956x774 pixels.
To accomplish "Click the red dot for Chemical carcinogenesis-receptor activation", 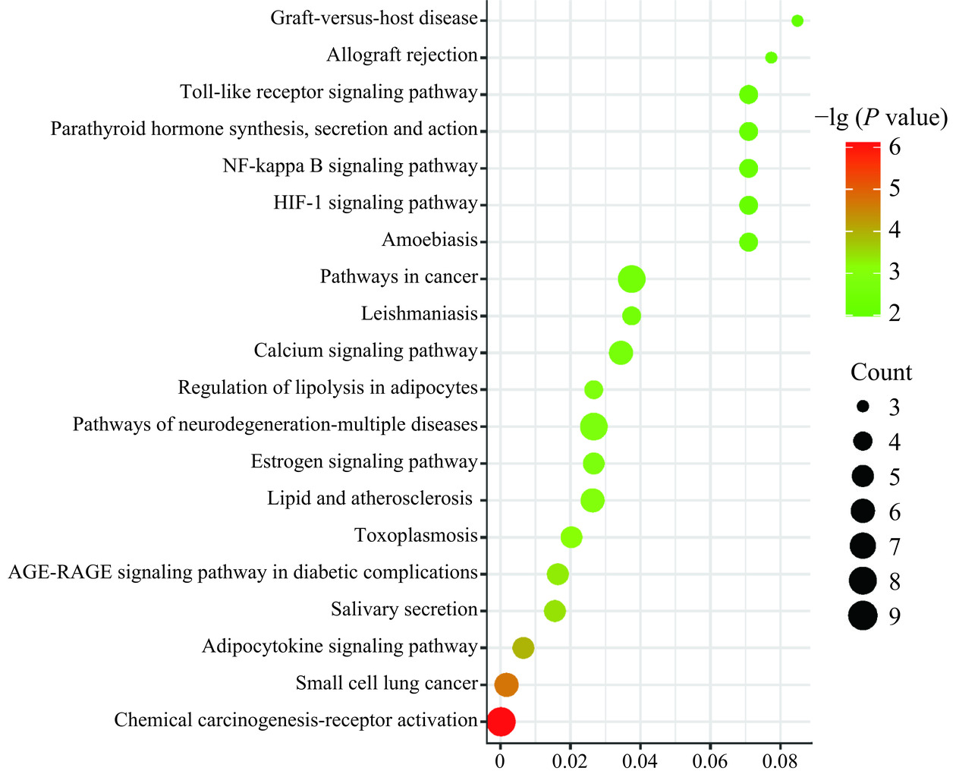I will click(501, 722).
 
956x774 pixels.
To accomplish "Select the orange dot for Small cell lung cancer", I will click(506, 684).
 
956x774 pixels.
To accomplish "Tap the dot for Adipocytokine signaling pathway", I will click(523, 648).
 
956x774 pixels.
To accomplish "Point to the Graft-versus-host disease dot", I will click(797, 20).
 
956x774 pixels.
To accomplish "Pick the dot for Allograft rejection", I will click(771, 58).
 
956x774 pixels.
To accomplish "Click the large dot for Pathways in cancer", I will click(631, 279).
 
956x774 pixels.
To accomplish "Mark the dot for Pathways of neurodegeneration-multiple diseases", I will click(593, 426).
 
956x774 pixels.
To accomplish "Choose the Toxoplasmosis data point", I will click(571, 537).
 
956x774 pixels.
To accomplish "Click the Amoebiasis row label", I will click(429, 241).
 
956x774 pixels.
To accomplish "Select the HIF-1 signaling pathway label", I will click(376, 203).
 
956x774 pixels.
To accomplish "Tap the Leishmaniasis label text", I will click(419, 314).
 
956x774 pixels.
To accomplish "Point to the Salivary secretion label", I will click(404, 609).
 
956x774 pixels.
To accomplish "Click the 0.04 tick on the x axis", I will click(640, 761).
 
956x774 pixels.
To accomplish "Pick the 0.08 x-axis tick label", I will click(780, 761).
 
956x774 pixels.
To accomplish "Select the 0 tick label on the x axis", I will click(500, 761).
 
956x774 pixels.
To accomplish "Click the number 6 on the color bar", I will click(895, 146).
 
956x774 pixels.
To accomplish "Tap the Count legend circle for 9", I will click(863, 615).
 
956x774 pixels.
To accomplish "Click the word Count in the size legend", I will click(881, 373).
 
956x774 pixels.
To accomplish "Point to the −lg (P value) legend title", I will click(881, 118).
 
